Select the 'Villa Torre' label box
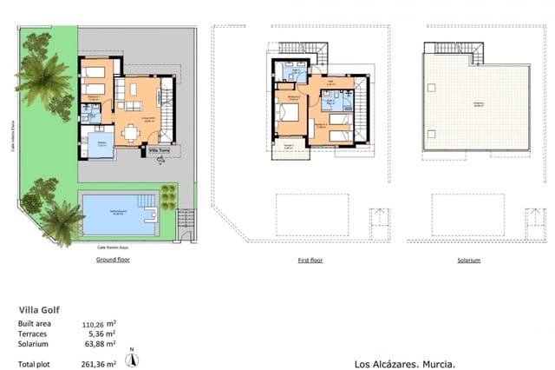click(x=160, y=149)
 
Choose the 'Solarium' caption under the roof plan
click(x=467, y=261)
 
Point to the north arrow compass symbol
click(x=131, y=357)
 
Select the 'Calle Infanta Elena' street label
click(x=12, y=135)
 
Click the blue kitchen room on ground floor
click(x=101, y=144)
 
